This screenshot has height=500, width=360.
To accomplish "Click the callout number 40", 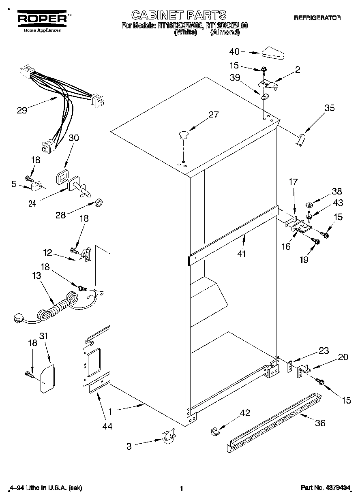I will [x=235, y=51].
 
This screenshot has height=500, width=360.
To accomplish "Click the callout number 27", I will [x=213, y=115].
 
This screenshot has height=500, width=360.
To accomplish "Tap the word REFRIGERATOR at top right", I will [x=317, y=18].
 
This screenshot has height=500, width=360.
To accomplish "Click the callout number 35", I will [x=330, y=108].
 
